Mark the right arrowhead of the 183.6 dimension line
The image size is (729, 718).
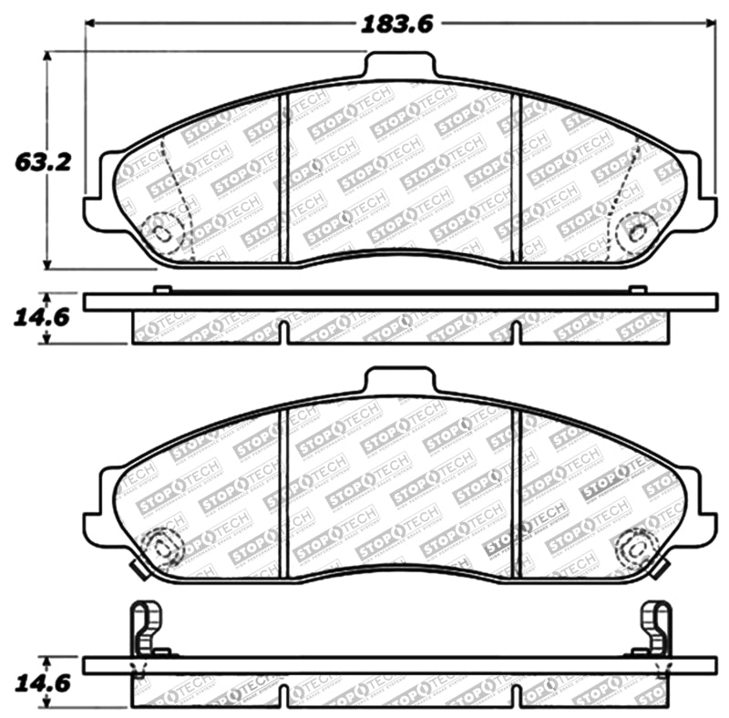pyautogui.click(x=710, y=25)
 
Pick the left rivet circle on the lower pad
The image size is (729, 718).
pyautogui.click(x=164, y=549)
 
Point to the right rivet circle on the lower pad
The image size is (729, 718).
pyautogui.click(x=635, y=549)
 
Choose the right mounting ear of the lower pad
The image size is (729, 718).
pyautogui.click(x=702, y=525)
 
